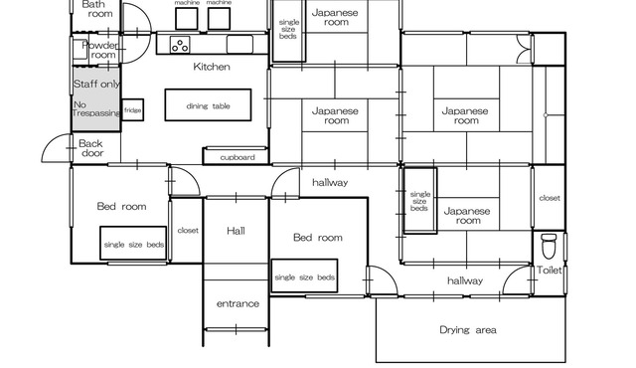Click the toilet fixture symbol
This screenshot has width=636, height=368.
[x=549, y=246]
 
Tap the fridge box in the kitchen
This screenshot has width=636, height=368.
[x=132, y=110]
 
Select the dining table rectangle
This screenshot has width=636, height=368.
[x=208, y=105]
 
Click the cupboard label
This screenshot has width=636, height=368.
[x=238, y=157]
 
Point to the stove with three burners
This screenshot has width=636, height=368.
[x=180, y=44]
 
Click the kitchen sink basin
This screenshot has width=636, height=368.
[x=239, y=44]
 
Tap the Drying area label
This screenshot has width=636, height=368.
[x=468, y=330]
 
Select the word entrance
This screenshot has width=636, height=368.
[x=238, y=303]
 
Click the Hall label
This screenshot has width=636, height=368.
[x=236, y=231]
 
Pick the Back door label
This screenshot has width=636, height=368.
[x=91, y=148]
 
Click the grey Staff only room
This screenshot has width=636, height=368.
[x=96, y=98]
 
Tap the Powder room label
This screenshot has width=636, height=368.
[x=100, y=50]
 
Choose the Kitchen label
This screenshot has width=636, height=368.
[x=212, y=67]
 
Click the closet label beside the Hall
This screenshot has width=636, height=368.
[x=188, y=231]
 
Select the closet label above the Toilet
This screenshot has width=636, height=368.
[x=550, y=198]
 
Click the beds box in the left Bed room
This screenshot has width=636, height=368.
[x=133, y=243]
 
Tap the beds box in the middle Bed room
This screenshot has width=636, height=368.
[x=304, y=276]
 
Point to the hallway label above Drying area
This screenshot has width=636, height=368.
[x=465, y=280]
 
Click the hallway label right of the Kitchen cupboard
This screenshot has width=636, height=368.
[x=330, y=183]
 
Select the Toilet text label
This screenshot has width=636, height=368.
[x=550, y=270]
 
